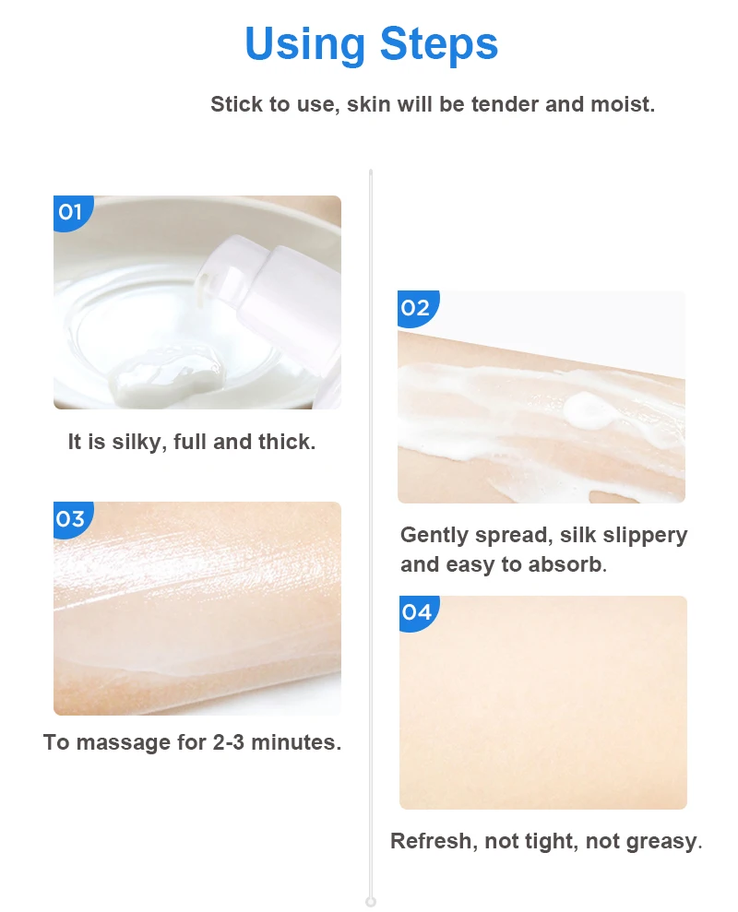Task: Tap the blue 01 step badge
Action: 70,211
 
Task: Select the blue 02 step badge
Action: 415,307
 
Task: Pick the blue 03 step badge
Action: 70,518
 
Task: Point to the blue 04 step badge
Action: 416,611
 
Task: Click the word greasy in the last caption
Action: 660,841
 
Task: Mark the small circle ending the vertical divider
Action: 371,901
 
